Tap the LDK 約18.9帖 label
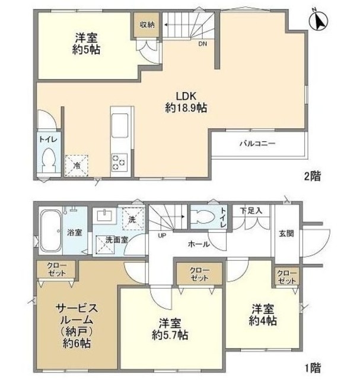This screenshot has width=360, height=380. pyautogui.click(x=186, y=102)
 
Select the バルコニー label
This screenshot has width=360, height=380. pyautogui.click(x=257, y=144)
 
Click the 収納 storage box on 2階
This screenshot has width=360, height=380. pyautogui.click(x=146, y=25)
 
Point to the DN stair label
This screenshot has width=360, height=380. pyautogui.click(x=203, y=44)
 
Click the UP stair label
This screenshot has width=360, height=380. pyautogui.click(x=162, y=235)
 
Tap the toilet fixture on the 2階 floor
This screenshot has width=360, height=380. pyautogui.click(x=49, y=160)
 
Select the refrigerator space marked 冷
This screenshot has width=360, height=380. pyautogui.click(x=77, y=166)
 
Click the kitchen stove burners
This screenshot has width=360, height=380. pyautogui.click(x=120, y=162)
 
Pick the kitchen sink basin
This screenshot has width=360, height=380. pyautogui.click(x=120, y=125)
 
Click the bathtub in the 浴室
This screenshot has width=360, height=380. pyautogui.click(x=50, y=231)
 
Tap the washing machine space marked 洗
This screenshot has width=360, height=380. pyautogui.click(x=132, y=219)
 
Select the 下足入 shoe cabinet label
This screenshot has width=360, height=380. pyautogui.click(x=251, y=211)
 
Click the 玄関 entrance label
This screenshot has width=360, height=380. pyautogui.click(x=286, y=233)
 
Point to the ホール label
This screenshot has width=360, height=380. pyautogui.click(x=199, y=244)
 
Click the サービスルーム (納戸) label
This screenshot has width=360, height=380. pyautogui.click(x=77, y=326)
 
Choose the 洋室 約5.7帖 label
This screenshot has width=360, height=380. pyautogui.click(x=170, y=330)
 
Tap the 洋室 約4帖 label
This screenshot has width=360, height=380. pyautogui.click(x=263, y=315)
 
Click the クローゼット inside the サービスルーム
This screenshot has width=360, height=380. pyautogui.click(x=57, y=269)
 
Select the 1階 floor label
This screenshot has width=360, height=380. pyautogui.click(x=313, y=368)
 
